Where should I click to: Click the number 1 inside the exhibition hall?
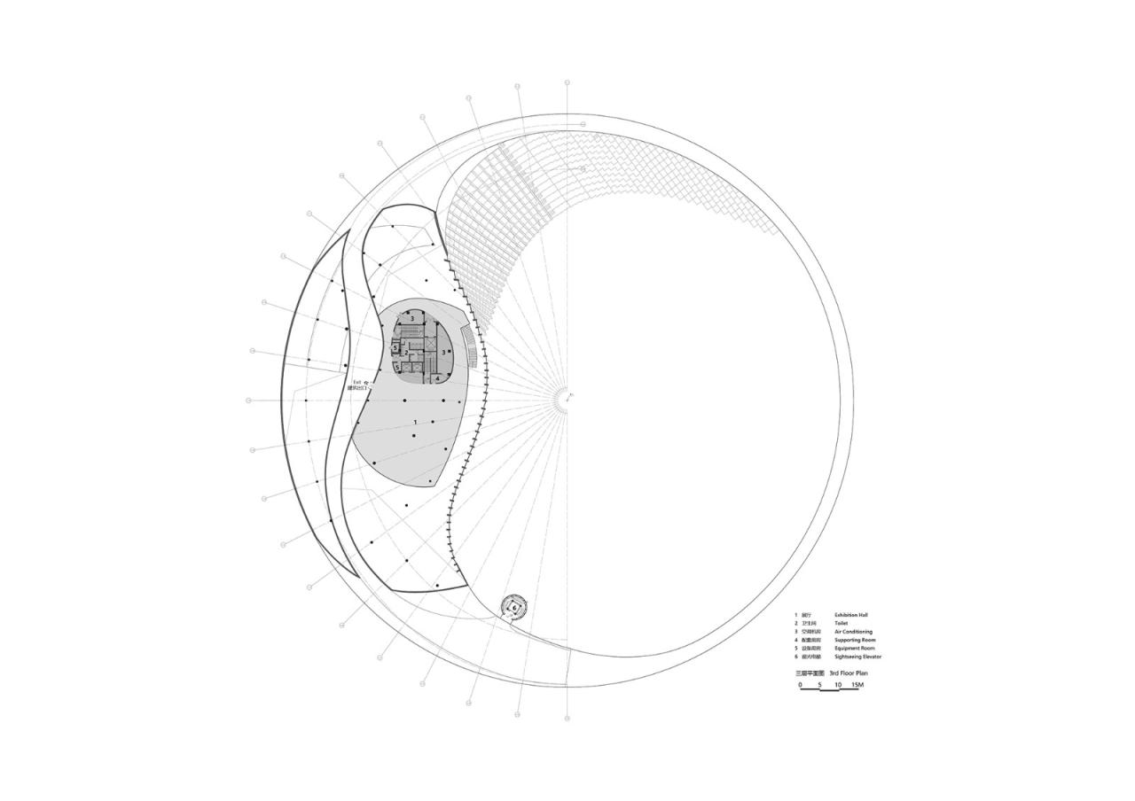point(414,423)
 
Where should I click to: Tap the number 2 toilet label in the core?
point(405,353)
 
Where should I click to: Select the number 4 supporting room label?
point(437,378)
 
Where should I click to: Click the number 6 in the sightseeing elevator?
point(514,608)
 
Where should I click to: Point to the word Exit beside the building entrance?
point(357,382)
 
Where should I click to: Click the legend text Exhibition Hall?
point(850,614)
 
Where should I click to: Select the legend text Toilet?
point(841,623)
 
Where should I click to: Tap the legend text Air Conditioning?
point(853,632)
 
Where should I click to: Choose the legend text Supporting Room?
point(855,640)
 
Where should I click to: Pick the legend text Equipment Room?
point(855,649)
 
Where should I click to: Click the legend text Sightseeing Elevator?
point(857,657)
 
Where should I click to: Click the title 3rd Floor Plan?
point(849,673)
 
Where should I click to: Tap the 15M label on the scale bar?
point(857,684)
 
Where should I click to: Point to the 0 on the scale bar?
point(800,684)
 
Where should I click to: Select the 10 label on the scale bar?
point(838,684)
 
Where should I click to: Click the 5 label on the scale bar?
point(819,684)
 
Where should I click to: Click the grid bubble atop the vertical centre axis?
point(567,82)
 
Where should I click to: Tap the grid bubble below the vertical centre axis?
point(567,718)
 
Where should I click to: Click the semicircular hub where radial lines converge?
point(564,400)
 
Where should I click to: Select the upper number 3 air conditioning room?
point(411,319)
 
